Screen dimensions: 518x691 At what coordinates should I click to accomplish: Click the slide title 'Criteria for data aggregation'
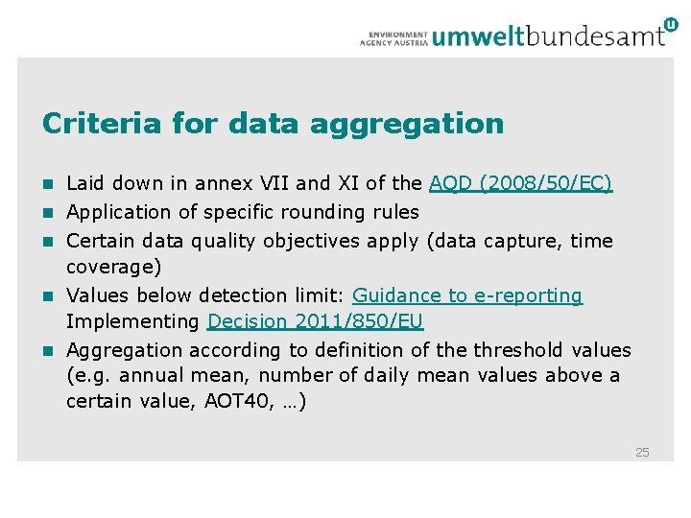coord(273,124)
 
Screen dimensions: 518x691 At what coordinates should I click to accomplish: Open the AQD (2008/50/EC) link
coord(520,183)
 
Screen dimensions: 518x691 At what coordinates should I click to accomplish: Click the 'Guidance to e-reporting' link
coord(467,295)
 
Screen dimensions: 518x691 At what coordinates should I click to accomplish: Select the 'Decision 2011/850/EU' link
coord(315,320)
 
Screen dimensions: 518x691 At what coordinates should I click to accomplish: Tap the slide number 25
coord(642,452)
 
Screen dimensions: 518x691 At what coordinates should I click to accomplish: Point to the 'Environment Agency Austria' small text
coord(393,37)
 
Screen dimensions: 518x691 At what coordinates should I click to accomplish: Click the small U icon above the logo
coord(670,24)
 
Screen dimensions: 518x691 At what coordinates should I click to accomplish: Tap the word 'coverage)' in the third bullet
coord(113,266)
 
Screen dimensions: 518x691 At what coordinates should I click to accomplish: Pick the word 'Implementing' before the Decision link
coord(132,320)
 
